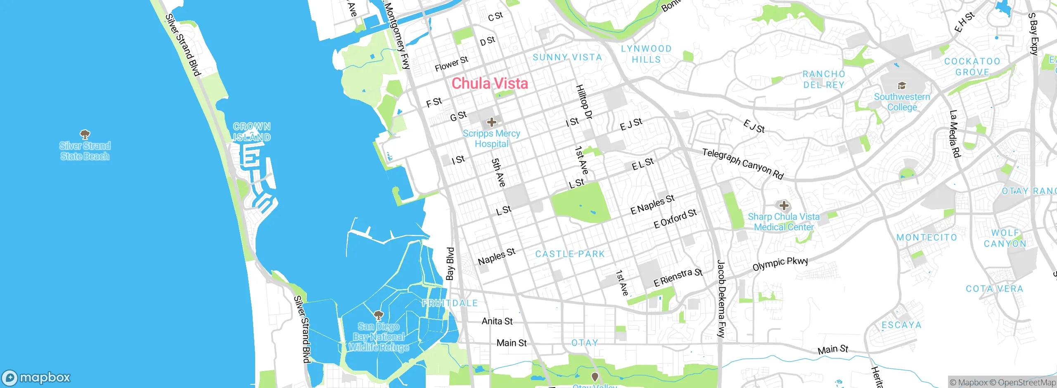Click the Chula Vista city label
coord(490,84)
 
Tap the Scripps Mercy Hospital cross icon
coord(491,122)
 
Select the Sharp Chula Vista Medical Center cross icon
coord(784,206)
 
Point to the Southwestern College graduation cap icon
coord(902,86)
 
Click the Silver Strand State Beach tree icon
coord(85,134)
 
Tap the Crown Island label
coord(252,132)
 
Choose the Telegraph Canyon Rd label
coord(743,164)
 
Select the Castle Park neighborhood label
coord(570,254)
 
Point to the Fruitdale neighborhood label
coord(450,303)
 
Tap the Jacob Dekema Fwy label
coord(721,299)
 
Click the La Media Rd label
coord(955,134)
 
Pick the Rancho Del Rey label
coord(824,79)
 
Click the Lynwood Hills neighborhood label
coord(646,54)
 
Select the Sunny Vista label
coord(567,57)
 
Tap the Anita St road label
coord(497,321)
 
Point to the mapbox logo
coord(36,378)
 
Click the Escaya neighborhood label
coord(901,325)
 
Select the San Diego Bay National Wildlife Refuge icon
coord(378,316)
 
